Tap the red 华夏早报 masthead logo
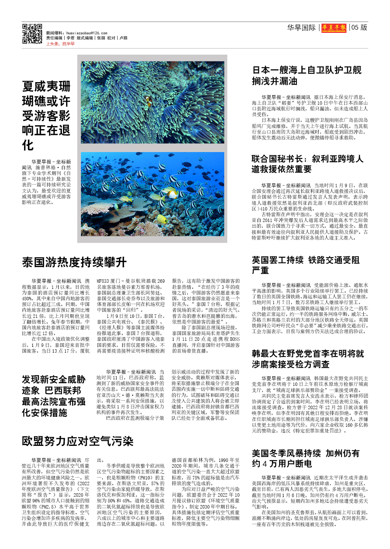click(x=334, y=28)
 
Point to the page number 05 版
click(x=359, y=28)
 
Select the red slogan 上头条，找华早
click(x=60, y=44)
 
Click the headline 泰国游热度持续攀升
click(x=74, y=262)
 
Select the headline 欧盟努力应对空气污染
click(x=78, y=441)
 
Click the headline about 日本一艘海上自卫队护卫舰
click(x=307, y=75)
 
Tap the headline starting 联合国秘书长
click(x=307, y=164)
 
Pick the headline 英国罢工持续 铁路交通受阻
click(x=306, y=265)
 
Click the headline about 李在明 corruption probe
click(x=308, y=359)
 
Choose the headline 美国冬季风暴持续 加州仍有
click(x=306, y=458)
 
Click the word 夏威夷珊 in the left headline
click(x=46, y=86)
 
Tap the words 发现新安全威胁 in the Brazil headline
click(x=53, y=379)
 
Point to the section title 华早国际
click(x=301, y=28)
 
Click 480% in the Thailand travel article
click(x=27, y=298)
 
